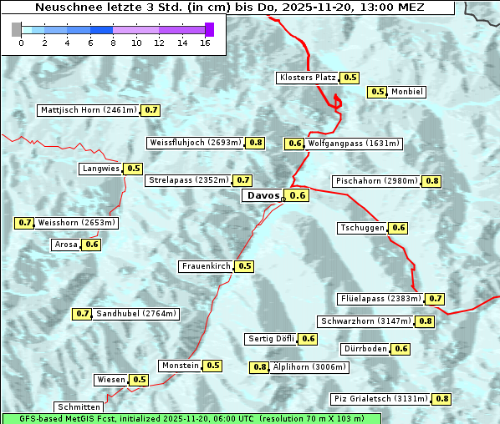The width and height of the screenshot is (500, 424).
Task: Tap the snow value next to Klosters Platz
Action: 349,78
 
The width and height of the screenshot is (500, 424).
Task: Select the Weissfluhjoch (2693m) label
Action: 195,143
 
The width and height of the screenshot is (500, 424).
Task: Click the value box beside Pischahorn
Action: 432,181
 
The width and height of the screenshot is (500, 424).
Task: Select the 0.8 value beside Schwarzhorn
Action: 426,321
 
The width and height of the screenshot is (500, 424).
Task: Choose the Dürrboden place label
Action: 365,349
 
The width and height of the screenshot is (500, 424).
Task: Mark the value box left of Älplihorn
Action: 260,367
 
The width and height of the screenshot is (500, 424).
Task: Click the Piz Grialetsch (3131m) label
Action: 380,399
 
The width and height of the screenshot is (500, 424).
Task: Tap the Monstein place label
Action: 181,366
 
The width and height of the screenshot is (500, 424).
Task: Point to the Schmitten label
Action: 79,406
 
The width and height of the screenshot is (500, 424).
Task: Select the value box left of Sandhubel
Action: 82,314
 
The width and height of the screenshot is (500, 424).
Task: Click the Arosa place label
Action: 65,245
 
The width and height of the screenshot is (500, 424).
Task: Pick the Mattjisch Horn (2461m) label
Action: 88,110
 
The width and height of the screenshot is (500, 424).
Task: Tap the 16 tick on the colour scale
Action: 205,43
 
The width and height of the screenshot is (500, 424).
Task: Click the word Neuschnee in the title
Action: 64,8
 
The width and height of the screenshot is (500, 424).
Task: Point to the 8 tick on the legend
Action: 113,43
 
